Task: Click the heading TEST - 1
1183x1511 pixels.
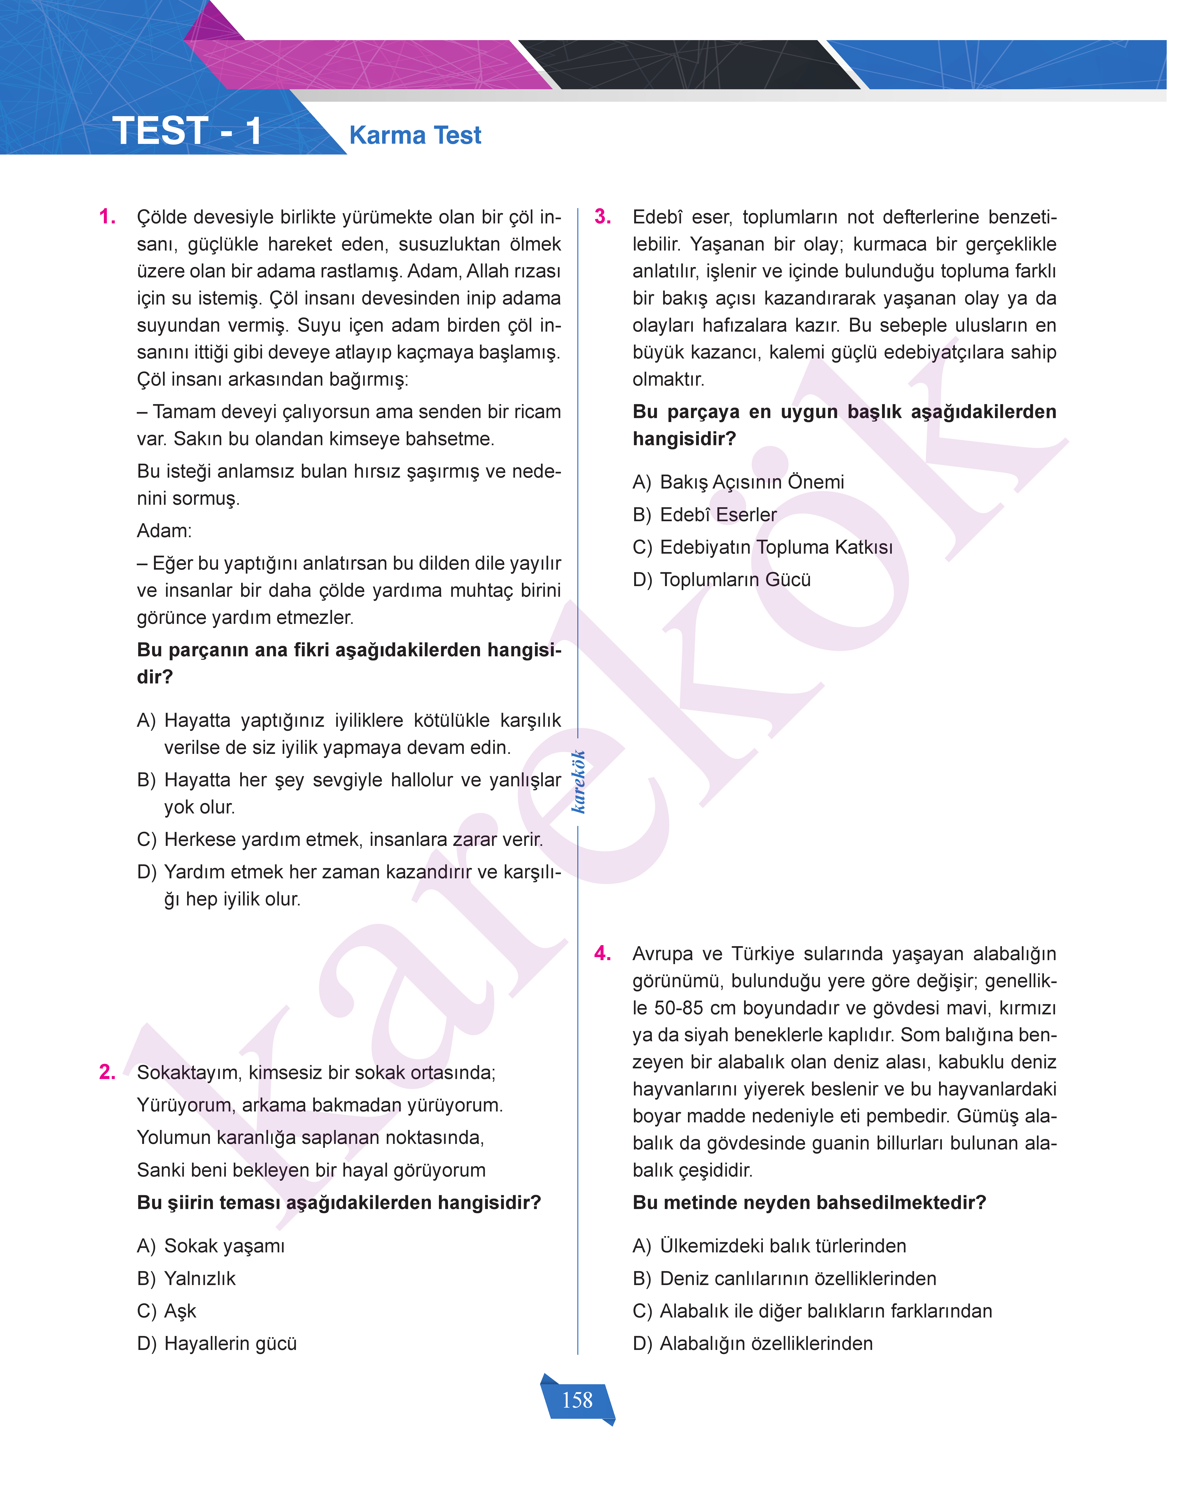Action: click(187, 131)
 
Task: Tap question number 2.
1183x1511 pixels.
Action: click(107, 1072)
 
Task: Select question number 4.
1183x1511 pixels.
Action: click(603, 954)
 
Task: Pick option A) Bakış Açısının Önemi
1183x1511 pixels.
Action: click(738, 483)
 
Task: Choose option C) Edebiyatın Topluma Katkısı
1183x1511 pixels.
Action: click(763, 547)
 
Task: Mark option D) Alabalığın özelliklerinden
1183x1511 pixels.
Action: click(753, 1343)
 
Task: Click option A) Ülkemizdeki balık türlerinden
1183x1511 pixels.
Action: click(770, 1246)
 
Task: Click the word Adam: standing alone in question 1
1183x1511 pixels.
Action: click(164, 531)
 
